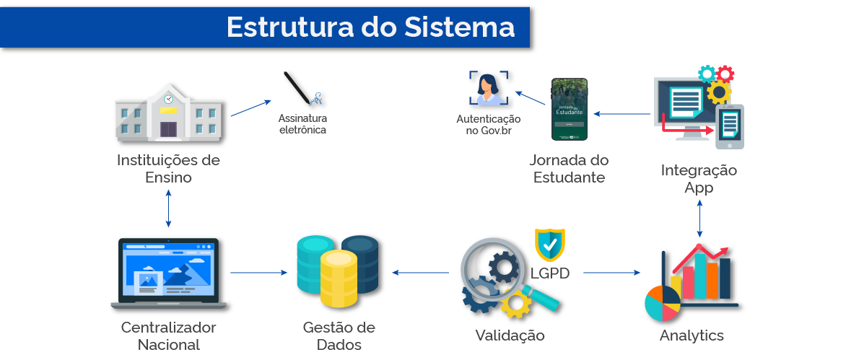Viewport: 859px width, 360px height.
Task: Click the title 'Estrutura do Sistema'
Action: [x=370, y=27]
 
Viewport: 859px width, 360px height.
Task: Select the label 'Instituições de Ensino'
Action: [x=168, y=167]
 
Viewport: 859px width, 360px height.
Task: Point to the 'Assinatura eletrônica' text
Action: [x=302, y=124]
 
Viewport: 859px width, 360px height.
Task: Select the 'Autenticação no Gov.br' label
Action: [x=488, y=124]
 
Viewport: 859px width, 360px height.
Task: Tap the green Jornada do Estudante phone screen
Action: [x=569, y=109]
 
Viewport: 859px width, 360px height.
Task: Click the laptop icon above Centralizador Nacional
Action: [x=168, y=273]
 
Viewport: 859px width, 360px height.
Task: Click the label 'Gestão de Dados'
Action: [x=339, y=335]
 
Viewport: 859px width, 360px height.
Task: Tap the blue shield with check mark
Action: [x=550, y=245]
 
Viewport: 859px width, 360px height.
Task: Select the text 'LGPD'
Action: [x=551, y=273]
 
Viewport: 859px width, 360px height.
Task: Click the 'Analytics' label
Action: [x=692, y=335]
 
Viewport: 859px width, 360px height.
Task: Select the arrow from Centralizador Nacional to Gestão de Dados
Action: [x=258, y=273]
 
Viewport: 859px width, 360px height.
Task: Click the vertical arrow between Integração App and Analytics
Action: [x=699, y=218]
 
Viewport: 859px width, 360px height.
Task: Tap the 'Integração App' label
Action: [x=699, y=179]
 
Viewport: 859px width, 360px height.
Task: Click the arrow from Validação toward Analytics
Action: [x=611, y=273]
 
